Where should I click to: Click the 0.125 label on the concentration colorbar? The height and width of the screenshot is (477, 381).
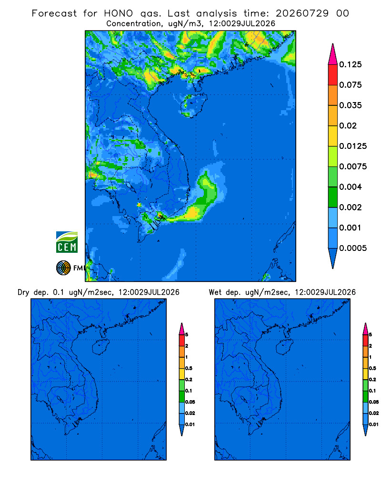pos(351,64)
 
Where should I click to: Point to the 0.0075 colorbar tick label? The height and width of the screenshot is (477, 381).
pos(353,166)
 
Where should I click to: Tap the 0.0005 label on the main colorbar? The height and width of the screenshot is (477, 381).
pos(353,248)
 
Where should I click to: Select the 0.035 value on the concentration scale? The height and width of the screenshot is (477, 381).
pos(351,105)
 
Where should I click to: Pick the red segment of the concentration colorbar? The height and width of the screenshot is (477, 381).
pos(333,75)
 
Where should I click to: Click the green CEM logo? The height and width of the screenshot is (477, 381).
pos(67,242)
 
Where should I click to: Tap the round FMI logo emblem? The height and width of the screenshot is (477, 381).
pos(63,268)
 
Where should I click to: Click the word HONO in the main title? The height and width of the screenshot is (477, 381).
pos(118,13)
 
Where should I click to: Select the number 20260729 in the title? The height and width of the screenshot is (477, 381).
pos(302,13)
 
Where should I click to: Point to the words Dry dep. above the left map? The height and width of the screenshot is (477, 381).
pos(33,292)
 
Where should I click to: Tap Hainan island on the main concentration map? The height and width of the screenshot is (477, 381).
pos(194,105)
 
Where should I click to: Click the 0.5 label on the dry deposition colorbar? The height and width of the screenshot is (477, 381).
pos(189,368)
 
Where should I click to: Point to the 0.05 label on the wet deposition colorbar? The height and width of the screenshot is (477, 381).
pos(374,402)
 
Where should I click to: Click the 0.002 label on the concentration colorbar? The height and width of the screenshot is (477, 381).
pos(351,207)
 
